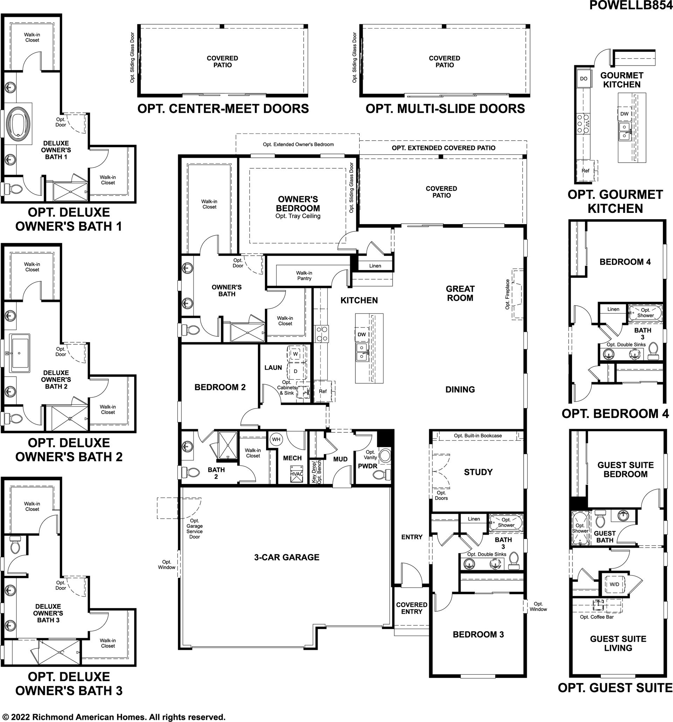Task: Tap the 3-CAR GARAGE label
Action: (287, 558)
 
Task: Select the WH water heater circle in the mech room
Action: (276, 439)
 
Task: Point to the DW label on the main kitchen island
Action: (361, 335)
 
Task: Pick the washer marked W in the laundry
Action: (295, 353)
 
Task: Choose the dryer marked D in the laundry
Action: (295, 371)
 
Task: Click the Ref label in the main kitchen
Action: (323, 391)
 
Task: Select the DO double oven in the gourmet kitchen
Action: (583, 79)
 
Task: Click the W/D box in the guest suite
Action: (614, 584)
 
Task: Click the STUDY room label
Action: (478, 472)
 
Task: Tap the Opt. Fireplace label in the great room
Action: (507, 294)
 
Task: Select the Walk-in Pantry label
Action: (304, 276)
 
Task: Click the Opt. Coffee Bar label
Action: (597, 617)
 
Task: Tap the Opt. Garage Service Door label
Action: (195, 528)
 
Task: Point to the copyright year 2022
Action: (20, 717)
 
